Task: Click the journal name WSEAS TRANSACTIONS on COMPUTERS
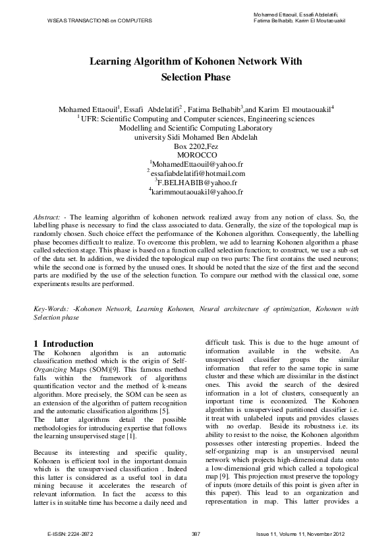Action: pos(99,20)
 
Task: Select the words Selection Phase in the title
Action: pos(196,77)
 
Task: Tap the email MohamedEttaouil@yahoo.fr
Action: pos(198,163)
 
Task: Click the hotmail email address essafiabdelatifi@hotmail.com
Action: pos(197,173)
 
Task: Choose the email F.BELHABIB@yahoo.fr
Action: pos(197,182)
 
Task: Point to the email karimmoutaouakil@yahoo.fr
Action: pos(197,192)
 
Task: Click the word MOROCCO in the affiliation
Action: pos(196,154)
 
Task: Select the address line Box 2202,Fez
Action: pos(196,146)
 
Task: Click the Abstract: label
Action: pos(48,217)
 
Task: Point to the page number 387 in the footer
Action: pos(196,533)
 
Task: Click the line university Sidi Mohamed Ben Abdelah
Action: pos(196,137)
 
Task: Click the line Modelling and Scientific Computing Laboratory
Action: pos(196,128)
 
